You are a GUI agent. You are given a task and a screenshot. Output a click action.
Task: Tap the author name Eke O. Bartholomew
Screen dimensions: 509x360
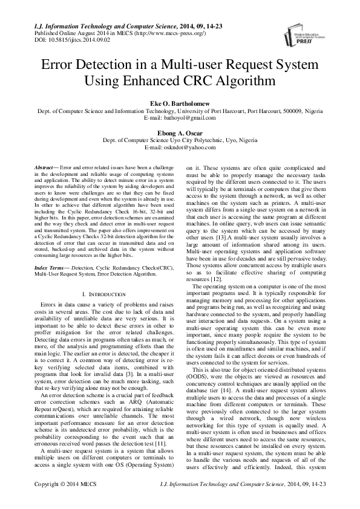tap(180, 104)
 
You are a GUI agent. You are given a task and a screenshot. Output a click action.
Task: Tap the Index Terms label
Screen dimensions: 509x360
tap(51, 267)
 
